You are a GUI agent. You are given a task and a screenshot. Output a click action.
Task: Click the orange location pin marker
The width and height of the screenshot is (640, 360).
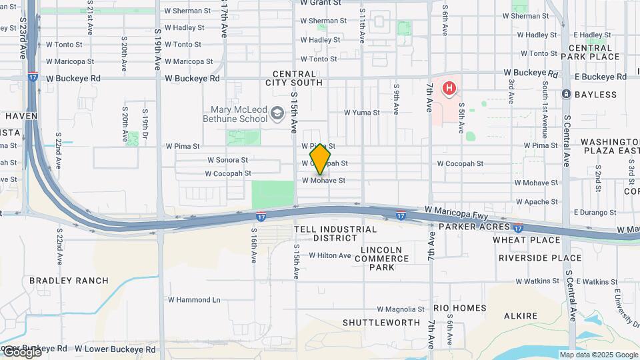coord(320,159)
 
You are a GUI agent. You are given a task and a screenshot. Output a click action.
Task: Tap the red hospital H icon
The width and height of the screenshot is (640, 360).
coord(450,87)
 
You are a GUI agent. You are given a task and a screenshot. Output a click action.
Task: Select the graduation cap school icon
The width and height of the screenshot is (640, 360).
coord(277,114)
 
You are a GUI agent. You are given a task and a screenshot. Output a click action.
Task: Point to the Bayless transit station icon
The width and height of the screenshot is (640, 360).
coord(566,95)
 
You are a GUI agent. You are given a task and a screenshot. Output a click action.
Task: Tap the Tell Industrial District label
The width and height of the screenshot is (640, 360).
coord(335,233)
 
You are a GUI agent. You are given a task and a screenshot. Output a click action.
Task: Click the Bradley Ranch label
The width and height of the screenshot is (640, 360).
coord(69,281)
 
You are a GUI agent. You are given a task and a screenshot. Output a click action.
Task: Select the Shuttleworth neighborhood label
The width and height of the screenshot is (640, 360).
coord(381,323)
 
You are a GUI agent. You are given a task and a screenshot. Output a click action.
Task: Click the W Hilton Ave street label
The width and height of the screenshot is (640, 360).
coord(329,255)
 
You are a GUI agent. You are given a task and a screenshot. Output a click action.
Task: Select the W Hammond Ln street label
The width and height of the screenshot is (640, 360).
coord(194,300)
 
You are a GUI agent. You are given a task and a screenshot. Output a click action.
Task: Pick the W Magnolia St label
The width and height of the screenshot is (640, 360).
coord(401,309)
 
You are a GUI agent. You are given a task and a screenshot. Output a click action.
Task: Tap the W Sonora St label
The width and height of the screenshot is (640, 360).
coord(227,160)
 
